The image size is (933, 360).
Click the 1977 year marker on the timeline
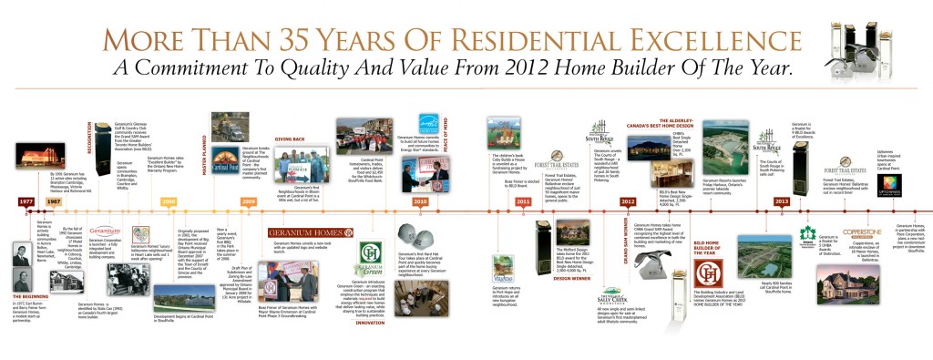[x=27, y=201]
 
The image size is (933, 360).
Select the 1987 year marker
[x=55, y=201]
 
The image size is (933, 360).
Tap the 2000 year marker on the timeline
[x=168, y=201]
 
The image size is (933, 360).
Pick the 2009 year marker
[x=249, y=201]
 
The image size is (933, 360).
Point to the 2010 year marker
[x=420, y=201]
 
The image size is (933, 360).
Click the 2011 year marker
[x=523, y=201]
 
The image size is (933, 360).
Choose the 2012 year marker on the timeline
[x=628, y=201]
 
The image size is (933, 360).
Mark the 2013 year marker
[x=781, y=201]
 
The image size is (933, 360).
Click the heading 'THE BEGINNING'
[x=34, y=296]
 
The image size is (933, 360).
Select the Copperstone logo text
[x=860, y=233]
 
